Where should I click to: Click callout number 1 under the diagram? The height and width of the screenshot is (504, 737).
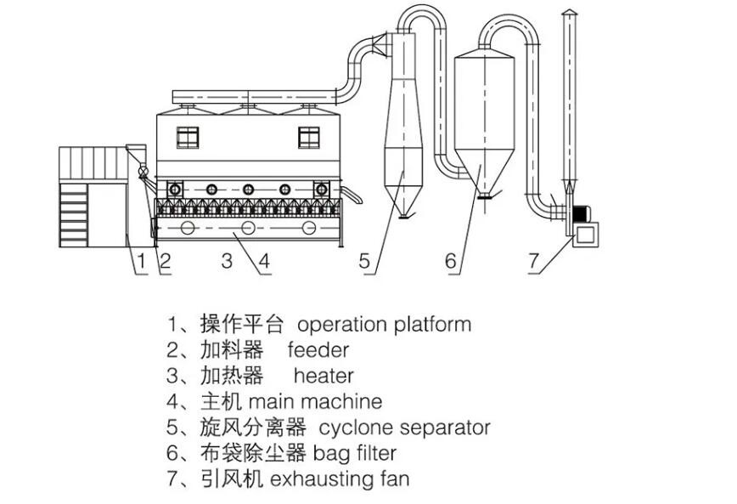tap(142, 262)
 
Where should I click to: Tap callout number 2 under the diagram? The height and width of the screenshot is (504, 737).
tap(166, 262)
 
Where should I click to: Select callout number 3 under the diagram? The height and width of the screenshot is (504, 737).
tap(227, 262)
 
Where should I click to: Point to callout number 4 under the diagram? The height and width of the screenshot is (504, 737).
tap(263, 262)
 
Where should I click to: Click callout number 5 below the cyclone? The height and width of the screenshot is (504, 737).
tap(365, 262)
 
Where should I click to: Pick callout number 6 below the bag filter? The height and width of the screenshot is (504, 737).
tap(451, 262)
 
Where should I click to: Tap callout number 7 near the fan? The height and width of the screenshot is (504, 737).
tap(533, 262)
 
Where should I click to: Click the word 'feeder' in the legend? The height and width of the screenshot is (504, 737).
tap(318, 349)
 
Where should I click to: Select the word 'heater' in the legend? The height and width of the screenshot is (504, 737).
tap(323, 375)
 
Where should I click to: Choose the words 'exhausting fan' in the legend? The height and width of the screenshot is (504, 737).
tap(340, 479)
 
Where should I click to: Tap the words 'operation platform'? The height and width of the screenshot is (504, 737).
tap(384, 324)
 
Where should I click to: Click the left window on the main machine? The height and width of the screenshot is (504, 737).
tap(188, 135)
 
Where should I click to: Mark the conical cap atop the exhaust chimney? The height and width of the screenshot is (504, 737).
tap(568, 12)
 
